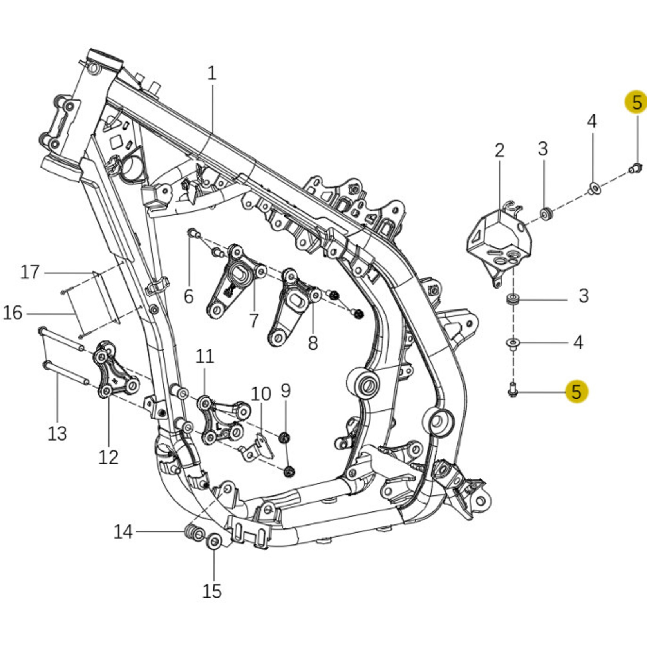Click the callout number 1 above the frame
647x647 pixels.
point(211,73)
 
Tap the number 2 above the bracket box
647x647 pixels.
point(499,150)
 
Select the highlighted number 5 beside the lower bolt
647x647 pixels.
point(576,391)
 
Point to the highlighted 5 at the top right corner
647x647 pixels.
point(636,103)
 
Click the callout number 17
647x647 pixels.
point(30,272)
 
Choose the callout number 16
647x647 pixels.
point(13,313)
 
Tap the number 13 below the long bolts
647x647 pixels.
point(57,433)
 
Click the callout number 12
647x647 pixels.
point(108,457)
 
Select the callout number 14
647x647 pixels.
point(123,532)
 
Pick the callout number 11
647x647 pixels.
point(205,356)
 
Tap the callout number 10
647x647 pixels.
point(261,393)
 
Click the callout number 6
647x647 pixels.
point(188,296)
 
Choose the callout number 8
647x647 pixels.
point(313,343)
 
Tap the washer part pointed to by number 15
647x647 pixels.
point(214,542)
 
